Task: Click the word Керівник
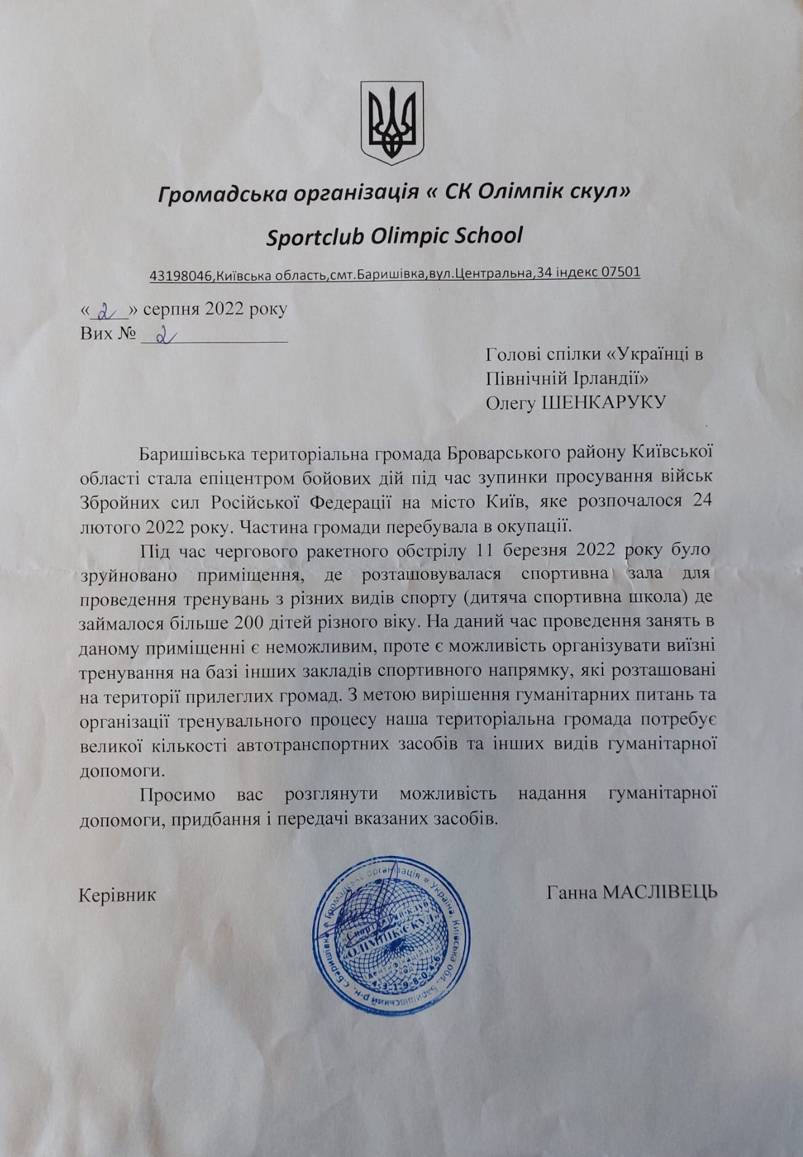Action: coord(117,895)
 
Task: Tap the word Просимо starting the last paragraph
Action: coord(177,794)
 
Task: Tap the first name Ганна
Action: coord(571,892)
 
